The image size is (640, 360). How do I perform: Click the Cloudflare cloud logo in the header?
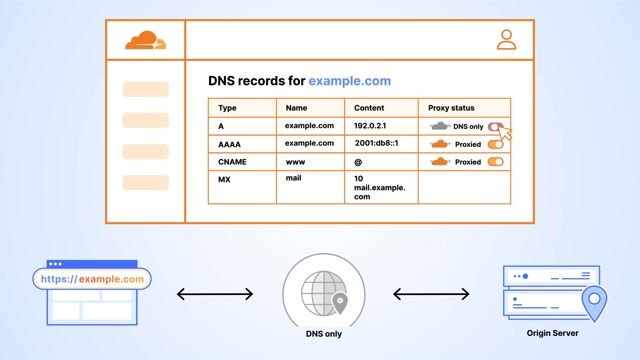(146, 40)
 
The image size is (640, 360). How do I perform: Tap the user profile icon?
(506, 40)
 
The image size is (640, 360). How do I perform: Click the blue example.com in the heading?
(349, 80)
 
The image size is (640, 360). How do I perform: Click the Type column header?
(227, 108)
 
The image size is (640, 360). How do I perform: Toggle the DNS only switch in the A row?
(495, 126)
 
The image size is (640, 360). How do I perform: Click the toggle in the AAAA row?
(495, 144)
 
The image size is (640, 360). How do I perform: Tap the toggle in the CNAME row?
(495, 161)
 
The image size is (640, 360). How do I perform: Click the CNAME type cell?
(232, 161)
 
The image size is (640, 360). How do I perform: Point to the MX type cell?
(225, 179)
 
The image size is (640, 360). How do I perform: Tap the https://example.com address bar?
(92, 280)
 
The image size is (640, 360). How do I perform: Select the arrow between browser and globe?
(215, 294)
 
